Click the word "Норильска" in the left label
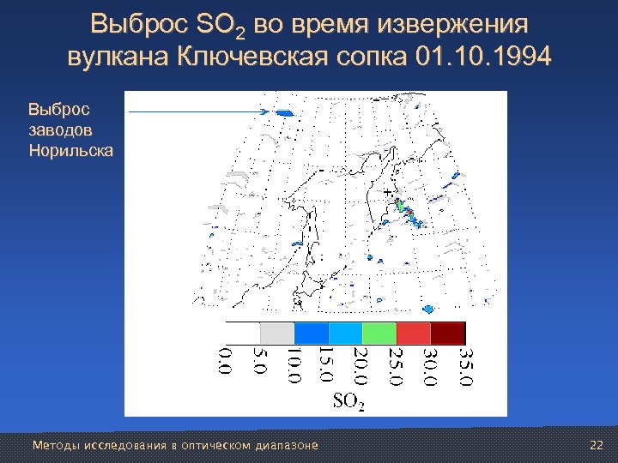point(70,150)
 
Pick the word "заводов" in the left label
point(60,129)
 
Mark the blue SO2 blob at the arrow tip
point(284,112)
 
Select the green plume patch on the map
point(400,206)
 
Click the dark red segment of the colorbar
point(447,333)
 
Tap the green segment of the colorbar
point(379,333)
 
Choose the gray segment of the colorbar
point(276,333)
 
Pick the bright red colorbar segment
point(413,333)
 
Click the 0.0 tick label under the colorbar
point(225,360)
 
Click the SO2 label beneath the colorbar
point(348,400)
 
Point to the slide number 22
point(597,445)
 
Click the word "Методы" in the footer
point(51,445)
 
